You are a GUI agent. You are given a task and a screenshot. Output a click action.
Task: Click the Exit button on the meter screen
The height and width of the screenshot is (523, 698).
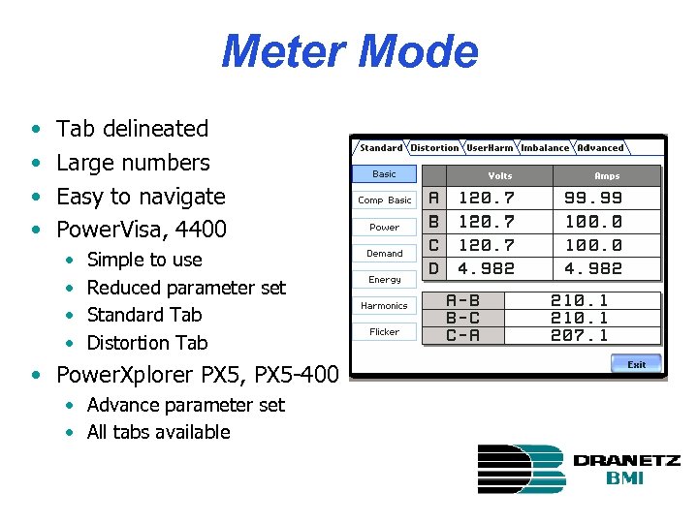(636, 364)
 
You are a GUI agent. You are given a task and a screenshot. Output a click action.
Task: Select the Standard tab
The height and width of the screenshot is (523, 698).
(380, 148)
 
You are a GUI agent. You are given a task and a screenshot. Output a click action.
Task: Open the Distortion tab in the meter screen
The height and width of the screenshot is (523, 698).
(434, 148)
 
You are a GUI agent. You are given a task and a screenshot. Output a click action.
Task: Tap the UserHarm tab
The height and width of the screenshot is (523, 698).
(490, 148)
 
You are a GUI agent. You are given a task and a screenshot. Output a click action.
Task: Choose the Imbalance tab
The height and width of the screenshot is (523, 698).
(545, 148)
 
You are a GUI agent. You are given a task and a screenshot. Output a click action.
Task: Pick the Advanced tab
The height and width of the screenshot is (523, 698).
(601, 148)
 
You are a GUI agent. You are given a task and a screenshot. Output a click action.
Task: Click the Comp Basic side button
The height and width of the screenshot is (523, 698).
(385, 200)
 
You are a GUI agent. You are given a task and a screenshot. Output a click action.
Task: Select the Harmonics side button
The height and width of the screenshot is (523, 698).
(385, 306)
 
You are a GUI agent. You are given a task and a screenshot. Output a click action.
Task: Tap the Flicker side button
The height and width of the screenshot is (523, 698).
(385, 332)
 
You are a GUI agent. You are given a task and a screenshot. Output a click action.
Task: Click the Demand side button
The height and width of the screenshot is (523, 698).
(385, 254)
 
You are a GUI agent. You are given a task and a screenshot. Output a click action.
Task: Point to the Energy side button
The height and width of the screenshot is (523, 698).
(385, 280)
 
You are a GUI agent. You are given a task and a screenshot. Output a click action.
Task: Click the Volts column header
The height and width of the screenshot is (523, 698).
(500, 176)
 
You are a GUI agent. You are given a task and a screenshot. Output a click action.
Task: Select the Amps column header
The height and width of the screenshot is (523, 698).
(607, 176)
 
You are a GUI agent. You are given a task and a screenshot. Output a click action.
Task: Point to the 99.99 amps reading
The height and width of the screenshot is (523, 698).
(593, 199)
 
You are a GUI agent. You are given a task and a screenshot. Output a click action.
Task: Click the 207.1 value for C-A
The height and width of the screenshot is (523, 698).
(579, 335)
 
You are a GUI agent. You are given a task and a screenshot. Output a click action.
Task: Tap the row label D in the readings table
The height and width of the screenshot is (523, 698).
(433, 268)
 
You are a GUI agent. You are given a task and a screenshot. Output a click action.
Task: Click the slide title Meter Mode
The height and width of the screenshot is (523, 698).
(349, 52)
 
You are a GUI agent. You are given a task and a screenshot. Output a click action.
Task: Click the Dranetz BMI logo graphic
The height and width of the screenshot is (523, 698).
(522, 469)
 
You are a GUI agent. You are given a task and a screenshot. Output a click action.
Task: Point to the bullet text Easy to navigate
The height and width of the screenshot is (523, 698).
(141, 197)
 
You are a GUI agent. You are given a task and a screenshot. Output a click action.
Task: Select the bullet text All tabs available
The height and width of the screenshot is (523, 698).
(158, 432)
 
